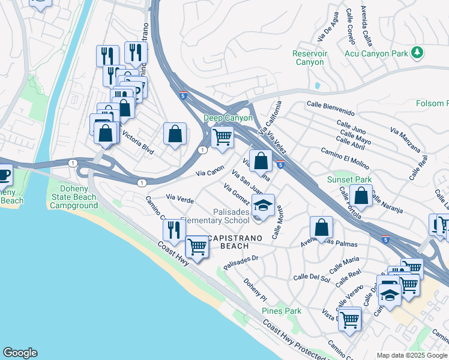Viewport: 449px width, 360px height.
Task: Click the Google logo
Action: click(x=20, y=353)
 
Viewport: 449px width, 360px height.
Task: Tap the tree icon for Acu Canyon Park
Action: click(x=417, y=53)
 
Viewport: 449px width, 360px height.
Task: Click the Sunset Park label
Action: click(x=349, y=179)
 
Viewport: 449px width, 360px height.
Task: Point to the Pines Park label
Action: click(x=282, y=311)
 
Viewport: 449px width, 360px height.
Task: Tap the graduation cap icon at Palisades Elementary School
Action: click(x=262, y=205)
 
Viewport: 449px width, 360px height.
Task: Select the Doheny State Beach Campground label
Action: click(x=74, y=197)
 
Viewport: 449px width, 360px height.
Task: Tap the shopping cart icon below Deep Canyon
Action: click(x=223, y=136)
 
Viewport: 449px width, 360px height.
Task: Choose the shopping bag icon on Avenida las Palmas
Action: click(x=322, y=227)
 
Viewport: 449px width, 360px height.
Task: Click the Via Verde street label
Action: click(x=179, y=198)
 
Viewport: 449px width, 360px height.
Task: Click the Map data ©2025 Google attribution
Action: click(x=412, y=355)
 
